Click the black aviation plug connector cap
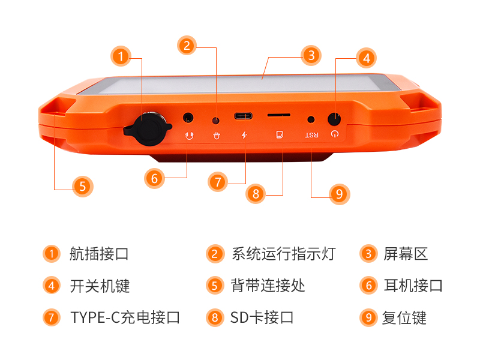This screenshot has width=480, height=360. tap(149, 129)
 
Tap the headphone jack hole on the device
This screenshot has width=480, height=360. tap(188, 118)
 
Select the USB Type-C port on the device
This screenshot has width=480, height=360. tap(244, 116)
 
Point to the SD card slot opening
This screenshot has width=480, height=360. tap(278, 115)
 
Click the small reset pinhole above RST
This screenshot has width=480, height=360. tap(311, 119)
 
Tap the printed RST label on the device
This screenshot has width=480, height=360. tap(311, 135)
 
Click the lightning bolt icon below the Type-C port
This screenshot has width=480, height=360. tap(244, 135)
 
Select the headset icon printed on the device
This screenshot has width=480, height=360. tap(190, 136)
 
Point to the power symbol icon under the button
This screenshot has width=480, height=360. tap(335, 134)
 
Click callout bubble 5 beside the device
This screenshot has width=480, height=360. tap(83, 187)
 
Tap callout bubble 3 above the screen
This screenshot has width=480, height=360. tap(311, 55)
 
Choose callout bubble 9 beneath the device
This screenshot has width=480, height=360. tap(339, 194)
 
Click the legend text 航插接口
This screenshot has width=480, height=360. tap(99, 254)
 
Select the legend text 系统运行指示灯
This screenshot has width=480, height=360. tap(283, 254)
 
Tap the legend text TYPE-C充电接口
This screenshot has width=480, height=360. tap(125, 317)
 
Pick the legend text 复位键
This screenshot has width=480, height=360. tap(404, 317)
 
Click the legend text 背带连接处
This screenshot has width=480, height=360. tap(268, 286)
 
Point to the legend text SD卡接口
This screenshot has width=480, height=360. tap(262, 317)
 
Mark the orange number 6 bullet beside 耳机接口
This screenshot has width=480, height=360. tap(368, 286)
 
